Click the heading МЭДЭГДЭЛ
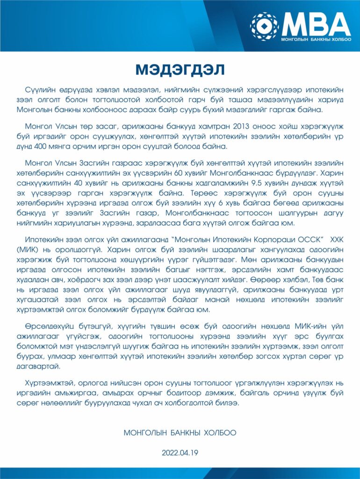pyautogui.click(x=180, y=70)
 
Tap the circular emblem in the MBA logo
pyautogui.click(x=264, y=26)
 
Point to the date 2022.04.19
pyautogui.click(x=180, y=453)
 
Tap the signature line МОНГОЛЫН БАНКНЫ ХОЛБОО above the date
pyautogui.click(x=180, y=433)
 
